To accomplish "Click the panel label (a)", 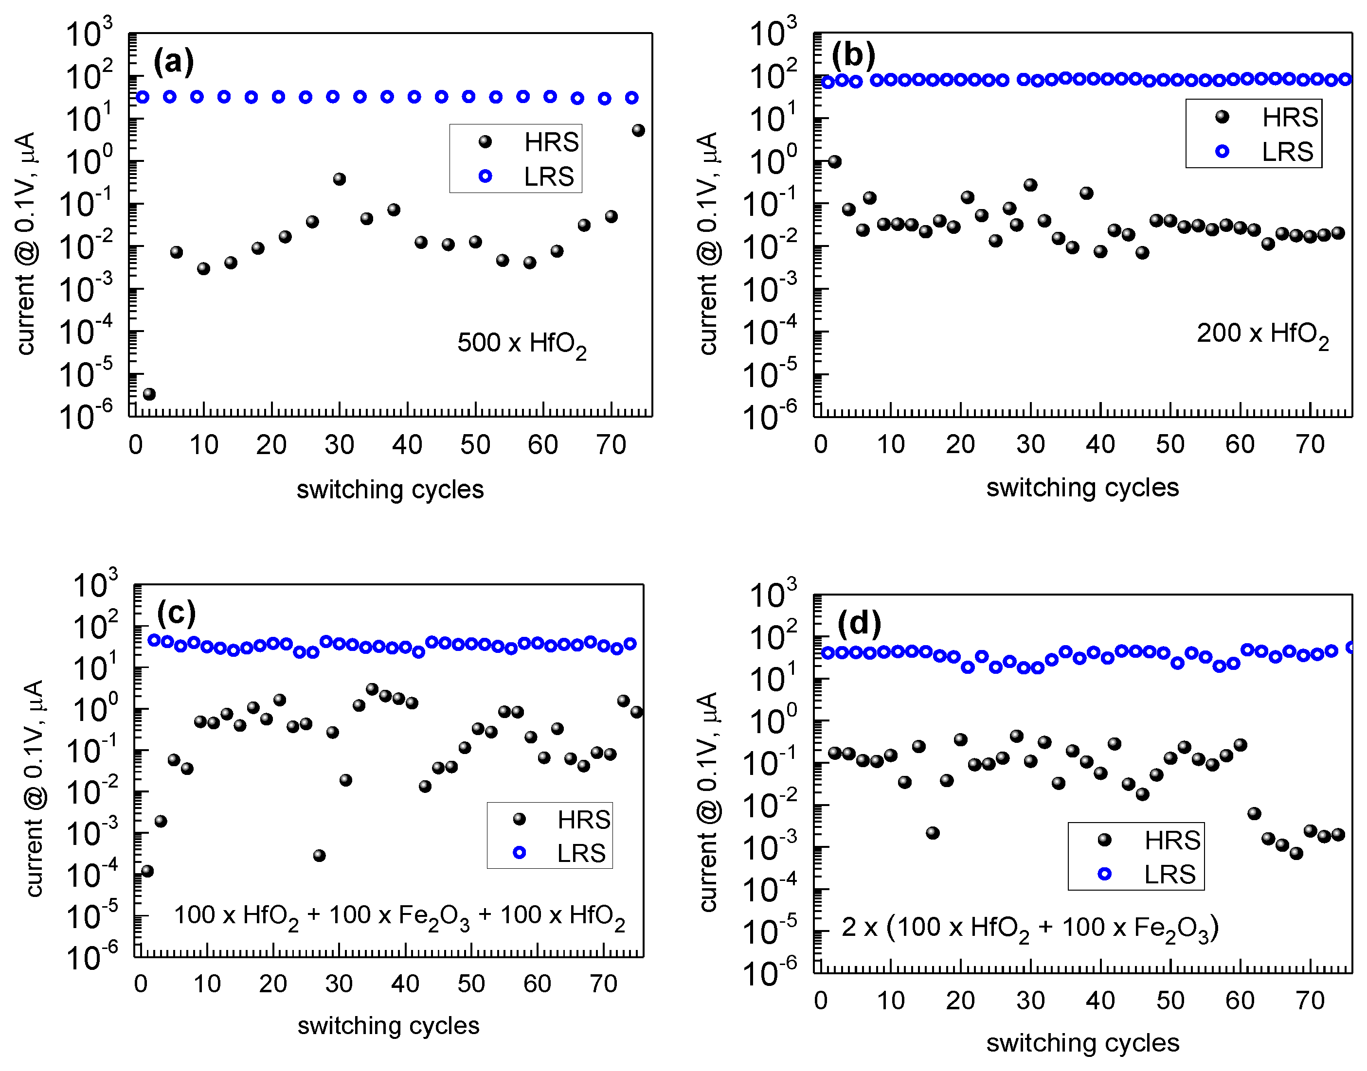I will click(x=173, y=61).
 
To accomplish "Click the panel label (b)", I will click(x=853, y=55).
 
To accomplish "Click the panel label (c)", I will click(x=176, y=613).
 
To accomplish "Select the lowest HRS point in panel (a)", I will click(x=149, y=394).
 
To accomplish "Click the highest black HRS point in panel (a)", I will click(x=638, y=130).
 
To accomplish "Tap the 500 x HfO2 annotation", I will click(x=522, y=344).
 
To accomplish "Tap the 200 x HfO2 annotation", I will click(x=1262, y=334).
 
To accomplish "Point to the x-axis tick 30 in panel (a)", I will click(x=340, y=444).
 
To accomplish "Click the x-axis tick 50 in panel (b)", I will click(x=1170, y=444).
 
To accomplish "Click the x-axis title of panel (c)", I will click(x=388, y=1026).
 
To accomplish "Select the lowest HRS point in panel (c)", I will click(x=147, y=871).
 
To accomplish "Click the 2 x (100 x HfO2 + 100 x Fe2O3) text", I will click(x=1029, y=928).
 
